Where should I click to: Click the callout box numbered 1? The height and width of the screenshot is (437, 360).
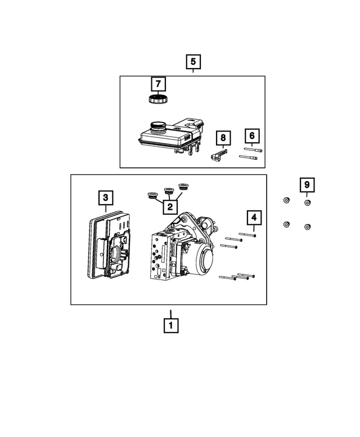tap(171, 325)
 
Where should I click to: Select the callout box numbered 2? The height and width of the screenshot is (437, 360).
tap(168, 207)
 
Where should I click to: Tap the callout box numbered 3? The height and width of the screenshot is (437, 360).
tap(105, 197)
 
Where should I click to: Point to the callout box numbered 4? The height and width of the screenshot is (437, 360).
tap(254, 217)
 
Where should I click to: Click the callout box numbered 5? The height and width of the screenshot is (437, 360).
tap(193, 61)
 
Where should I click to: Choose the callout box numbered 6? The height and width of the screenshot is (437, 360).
tap(252, 136)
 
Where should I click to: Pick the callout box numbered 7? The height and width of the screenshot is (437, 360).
tap(158, 84)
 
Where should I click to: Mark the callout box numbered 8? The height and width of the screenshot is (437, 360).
tap(223, 137)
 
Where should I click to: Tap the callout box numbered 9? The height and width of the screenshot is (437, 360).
tap(307, 184)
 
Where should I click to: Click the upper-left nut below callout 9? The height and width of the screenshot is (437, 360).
tap(286, 201)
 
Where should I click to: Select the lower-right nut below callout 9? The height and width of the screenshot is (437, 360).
tap(307, 227)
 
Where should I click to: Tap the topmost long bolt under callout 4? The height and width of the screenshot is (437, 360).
tap(247, 235)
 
